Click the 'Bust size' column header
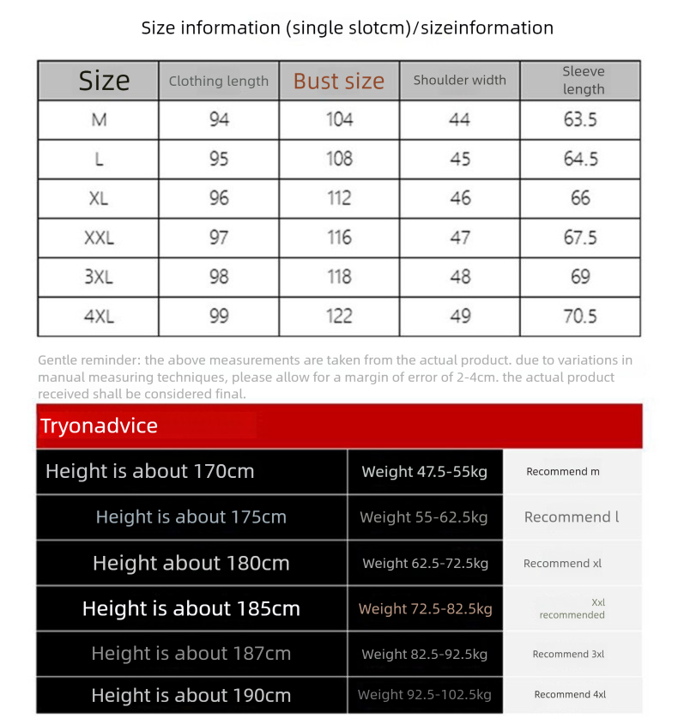click(x=339, y=81)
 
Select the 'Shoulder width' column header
click(x=459, y=80)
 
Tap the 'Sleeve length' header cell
click(x=584, y=80)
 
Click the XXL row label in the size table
click(x=99, y=238)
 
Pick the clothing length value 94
click(x=219, y=119)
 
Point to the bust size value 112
click(x=339, y=198)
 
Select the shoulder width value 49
click(x=460, y=317)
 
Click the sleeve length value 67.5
click(x=580, y=238)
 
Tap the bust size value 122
click(x=339, y=317)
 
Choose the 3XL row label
click(x=99, y=277)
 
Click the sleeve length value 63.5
click(x=580, y=119)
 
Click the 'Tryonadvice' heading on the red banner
click(x=99, y=426)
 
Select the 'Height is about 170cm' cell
click(x=150, y=471)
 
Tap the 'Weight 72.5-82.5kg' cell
click(x=425, y=609)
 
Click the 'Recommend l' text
click(x=572, y=517)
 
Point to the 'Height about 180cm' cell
click(x=191, y=564)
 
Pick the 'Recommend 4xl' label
click(x=570, y=694)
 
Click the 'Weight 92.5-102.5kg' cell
click(x=425, y=694)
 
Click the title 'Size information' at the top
click(x=212, y=27)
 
